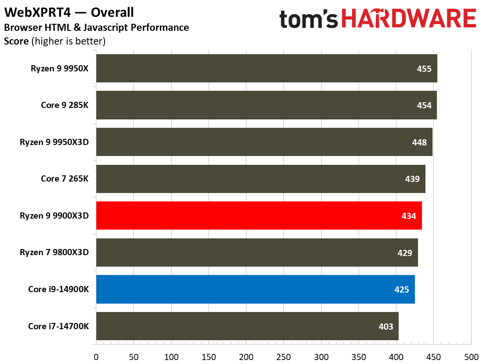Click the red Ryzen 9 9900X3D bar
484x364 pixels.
(x=259, y=215)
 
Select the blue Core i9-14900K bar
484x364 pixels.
(x=255, y=290)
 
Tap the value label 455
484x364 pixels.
(x=424, y=69)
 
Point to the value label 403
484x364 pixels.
(x=386, y=327)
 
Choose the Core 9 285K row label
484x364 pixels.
(x=65, y=105)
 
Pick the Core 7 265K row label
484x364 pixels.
(x=65, y=178)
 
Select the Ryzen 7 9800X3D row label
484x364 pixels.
(x=54, y=253)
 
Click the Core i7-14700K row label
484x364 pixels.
(x=59, y=327)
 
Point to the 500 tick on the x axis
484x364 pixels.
(x=471, y=356)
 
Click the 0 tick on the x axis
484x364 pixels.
(x=96, y=356)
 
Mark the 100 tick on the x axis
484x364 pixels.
(x=171, y=356)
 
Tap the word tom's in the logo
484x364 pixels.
(x=310, y=19)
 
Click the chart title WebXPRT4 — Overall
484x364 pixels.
(x=69, y=12)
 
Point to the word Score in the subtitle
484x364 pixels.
(x=16, y=42)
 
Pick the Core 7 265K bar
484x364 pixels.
(x=260, y=179)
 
